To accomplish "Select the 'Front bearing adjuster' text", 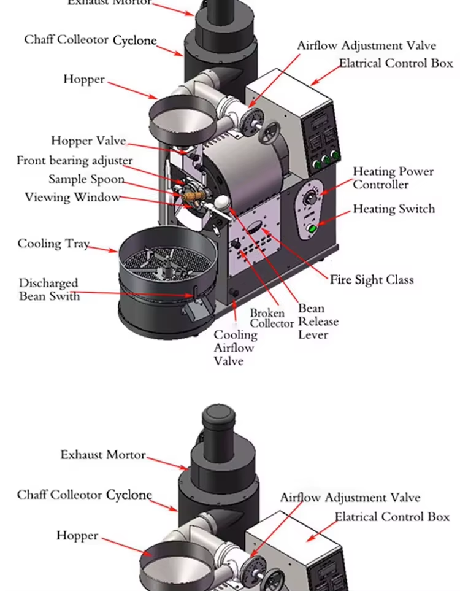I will tap(74, 161).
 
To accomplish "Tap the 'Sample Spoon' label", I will tap(86, 179).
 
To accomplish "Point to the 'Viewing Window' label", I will tap(72, 197).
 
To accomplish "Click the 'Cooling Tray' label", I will tap(53, 244).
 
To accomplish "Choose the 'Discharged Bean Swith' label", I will tap(48, 289).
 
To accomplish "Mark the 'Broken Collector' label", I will tap(272, 318).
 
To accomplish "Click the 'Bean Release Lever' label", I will tap(318, 322).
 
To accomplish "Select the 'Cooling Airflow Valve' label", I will tap(236, 347).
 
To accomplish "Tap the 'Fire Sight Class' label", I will tap(372, 280).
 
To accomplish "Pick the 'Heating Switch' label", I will tap(393, 209).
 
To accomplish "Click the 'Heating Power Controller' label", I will tap(393, 178).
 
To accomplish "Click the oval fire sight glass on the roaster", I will tap(253, 226).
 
